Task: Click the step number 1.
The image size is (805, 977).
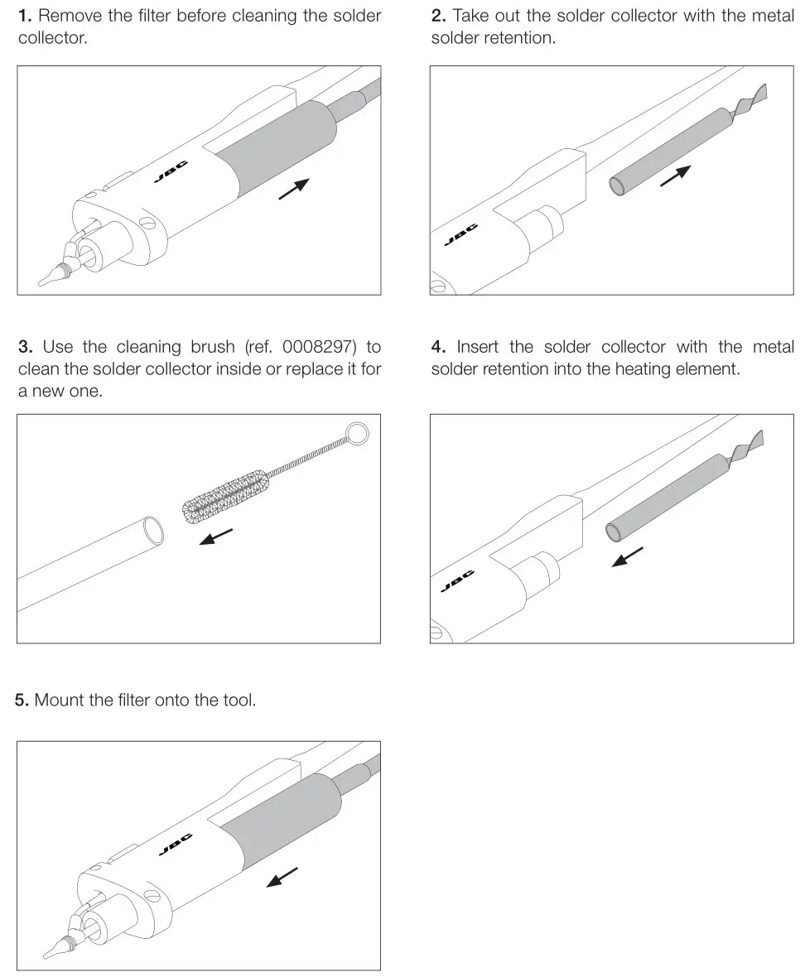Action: click(x=24, y=16)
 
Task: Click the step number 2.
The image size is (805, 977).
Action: click(x=437, y=16)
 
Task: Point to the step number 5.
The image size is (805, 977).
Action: click(x=22, y=700)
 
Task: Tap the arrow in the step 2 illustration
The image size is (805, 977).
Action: click(x=675, y=176)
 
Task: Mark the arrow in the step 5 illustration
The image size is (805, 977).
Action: click(x=282, y=877)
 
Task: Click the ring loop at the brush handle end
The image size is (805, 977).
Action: click(x=356, y=431)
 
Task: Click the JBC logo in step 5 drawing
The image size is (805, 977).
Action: click(x=175, y=844)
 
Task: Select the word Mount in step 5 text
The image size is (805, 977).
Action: click(x=60, y=700)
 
